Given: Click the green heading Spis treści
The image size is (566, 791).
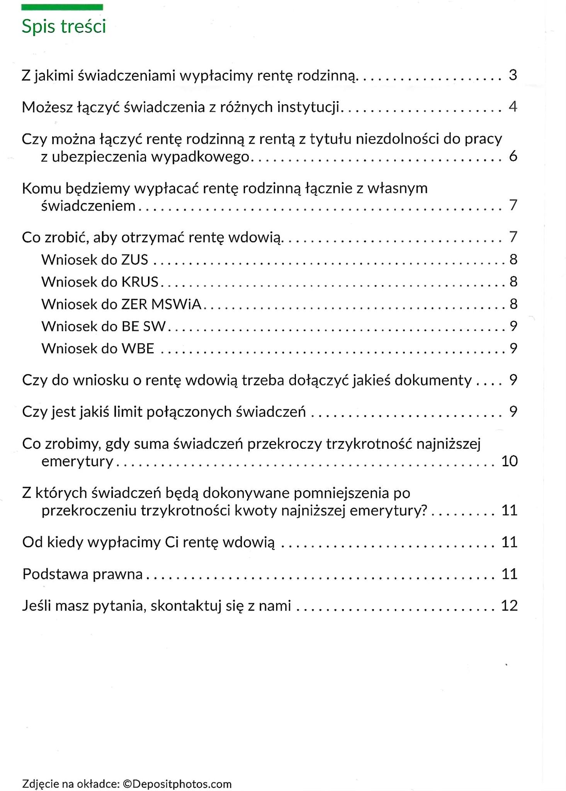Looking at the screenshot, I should click(x=64, y=27).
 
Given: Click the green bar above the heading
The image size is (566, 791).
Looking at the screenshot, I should click(x=62, y=7).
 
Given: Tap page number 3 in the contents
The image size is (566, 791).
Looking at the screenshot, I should click(x=513, y=75).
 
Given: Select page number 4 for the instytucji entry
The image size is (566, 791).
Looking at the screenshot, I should click(x=513, y=107).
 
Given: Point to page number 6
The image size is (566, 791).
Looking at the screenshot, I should click(x=513, y=156).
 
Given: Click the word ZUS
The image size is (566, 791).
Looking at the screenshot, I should click(x=134, y=260).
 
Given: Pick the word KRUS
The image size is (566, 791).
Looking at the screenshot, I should click(x=140, y=282).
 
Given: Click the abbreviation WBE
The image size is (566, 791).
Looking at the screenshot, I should click(x=138, y=349).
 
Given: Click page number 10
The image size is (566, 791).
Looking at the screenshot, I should click(x=509, y=461).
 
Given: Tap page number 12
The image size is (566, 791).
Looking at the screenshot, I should click(x=509, y=606).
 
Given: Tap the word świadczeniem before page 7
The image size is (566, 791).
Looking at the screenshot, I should click(x=88, y=206).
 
